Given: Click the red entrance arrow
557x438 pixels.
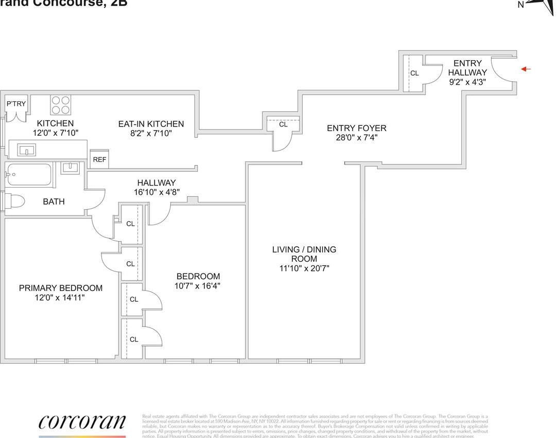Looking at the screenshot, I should [x=525, y=69].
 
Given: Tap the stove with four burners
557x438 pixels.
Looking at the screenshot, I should [x=60, y=105].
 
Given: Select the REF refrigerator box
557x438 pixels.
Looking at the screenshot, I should [x=99, y=159].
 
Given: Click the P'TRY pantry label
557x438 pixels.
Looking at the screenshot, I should [x=16, y=104].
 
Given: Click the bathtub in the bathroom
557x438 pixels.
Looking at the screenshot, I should [x=29, y=175].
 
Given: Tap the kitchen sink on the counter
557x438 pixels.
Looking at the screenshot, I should [x=26, y=150].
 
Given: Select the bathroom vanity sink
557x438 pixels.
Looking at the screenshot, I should [x=69, y=168].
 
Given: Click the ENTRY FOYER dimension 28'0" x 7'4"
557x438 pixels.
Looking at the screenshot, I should [x=356, y=138].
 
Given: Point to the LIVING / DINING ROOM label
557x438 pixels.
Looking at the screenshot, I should [x=304, y=254].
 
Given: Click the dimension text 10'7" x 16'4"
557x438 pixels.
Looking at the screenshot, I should [x=198, y=286].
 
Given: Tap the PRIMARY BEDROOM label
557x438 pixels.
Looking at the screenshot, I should [x=61, y=288].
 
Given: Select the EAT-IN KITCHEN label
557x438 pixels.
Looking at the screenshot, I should [x=151, y=124].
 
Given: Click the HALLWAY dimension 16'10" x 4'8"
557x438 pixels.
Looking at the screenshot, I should [x=156, y=192].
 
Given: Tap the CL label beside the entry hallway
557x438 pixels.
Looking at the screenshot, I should [x=414, y=74].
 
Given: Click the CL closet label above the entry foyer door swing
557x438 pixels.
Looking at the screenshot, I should [x=283, y=124].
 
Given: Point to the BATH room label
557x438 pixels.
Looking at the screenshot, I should [x=54, y=202].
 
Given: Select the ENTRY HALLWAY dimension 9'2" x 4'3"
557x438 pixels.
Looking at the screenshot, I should [x=467, y=81].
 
